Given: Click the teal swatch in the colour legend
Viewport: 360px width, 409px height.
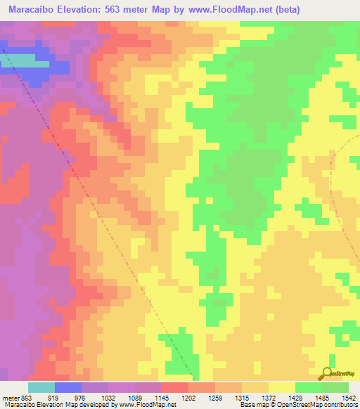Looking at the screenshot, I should pyautogui.click(x=41, y=387).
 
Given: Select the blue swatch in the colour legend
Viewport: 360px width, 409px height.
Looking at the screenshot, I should pyautogui.click(x=67, y=387).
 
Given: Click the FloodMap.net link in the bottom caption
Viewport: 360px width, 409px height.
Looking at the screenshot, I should pyautogui.click(x=157, y=405).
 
